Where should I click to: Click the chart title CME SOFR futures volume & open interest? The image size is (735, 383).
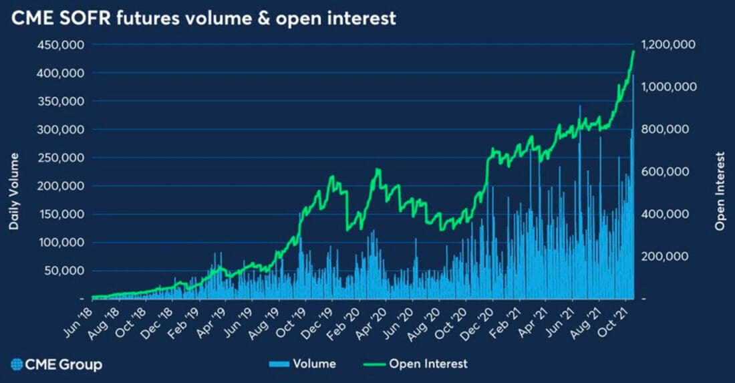click(203, 18)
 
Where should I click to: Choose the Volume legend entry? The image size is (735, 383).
click(301, 364)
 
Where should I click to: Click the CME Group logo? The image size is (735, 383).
click(56, 364)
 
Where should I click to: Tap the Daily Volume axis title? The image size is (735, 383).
click(13, 191)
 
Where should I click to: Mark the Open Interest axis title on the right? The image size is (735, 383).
click(720, 191)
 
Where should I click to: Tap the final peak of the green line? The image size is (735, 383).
click(633, 51)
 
